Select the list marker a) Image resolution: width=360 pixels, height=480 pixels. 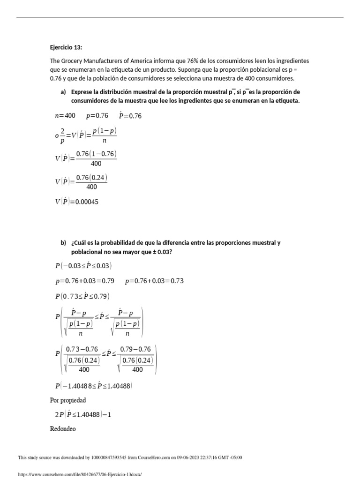[x=63, y=92]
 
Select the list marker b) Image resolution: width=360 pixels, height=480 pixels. [x=63, y=243]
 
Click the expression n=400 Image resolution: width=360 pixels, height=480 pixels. [x=65, y=116]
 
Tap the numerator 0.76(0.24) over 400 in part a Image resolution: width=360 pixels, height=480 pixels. [x=92, y=177]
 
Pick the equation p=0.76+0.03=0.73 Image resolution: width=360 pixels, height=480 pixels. [x=155, y=281]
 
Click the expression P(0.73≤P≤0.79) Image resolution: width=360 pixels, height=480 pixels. [x=82, y=296]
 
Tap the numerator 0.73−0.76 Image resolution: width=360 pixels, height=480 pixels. [x=82, y=349]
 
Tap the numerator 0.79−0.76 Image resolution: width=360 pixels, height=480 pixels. [x=136, y=349]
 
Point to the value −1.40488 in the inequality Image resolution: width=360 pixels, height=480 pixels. [x=77, y=386]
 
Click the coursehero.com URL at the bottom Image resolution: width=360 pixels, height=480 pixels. [x=79, y=474]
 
